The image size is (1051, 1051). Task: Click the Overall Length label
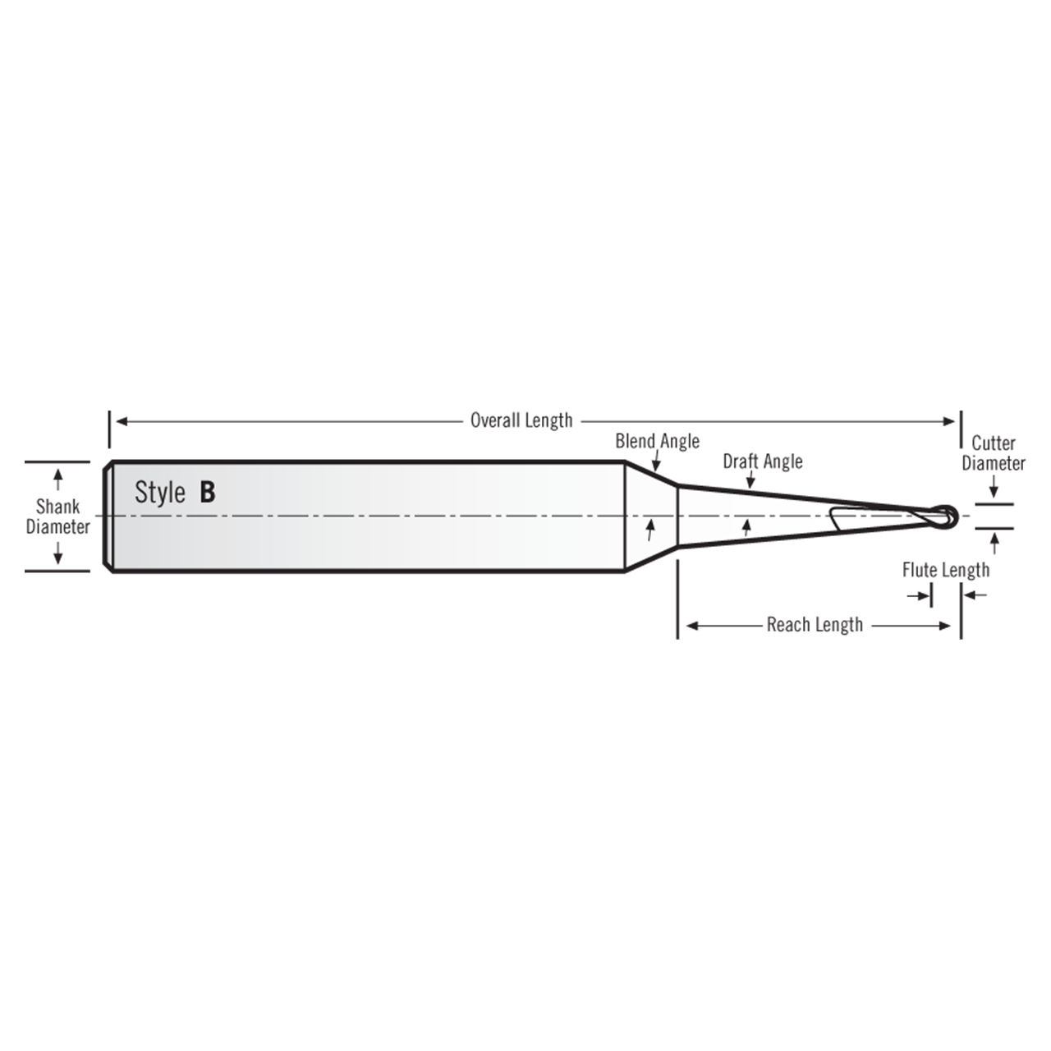pyautogui.click(x=521, y=420)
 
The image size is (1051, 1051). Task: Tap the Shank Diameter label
pyautogui.click(x=57, y=516)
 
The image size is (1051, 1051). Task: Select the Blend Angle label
pyautogui.click(x=657, y=441)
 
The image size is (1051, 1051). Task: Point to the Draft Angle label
pyautogui.click(x=762, y=461)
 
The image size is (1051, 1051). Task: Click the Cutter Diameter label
pyautogui.click(x=994, y=453)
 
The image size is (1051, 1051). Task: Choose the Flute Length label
pyautogui.click(x=946, y=570)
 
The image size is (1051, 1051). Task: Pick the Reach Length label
pyautogui.click(x=815, y=625)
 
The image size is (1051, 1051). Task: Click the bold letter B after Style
pyautogui.click(x=207, y=492)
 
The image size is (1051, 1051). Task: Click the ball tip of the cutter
pyautogui.click(x=948, y=516)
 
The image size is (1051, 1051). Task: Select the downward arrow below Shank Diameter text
pyautogui.click(x=57, y=557)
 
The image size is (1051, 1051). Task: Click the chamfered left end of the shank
pyautogui.click(x=108, y=516)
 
